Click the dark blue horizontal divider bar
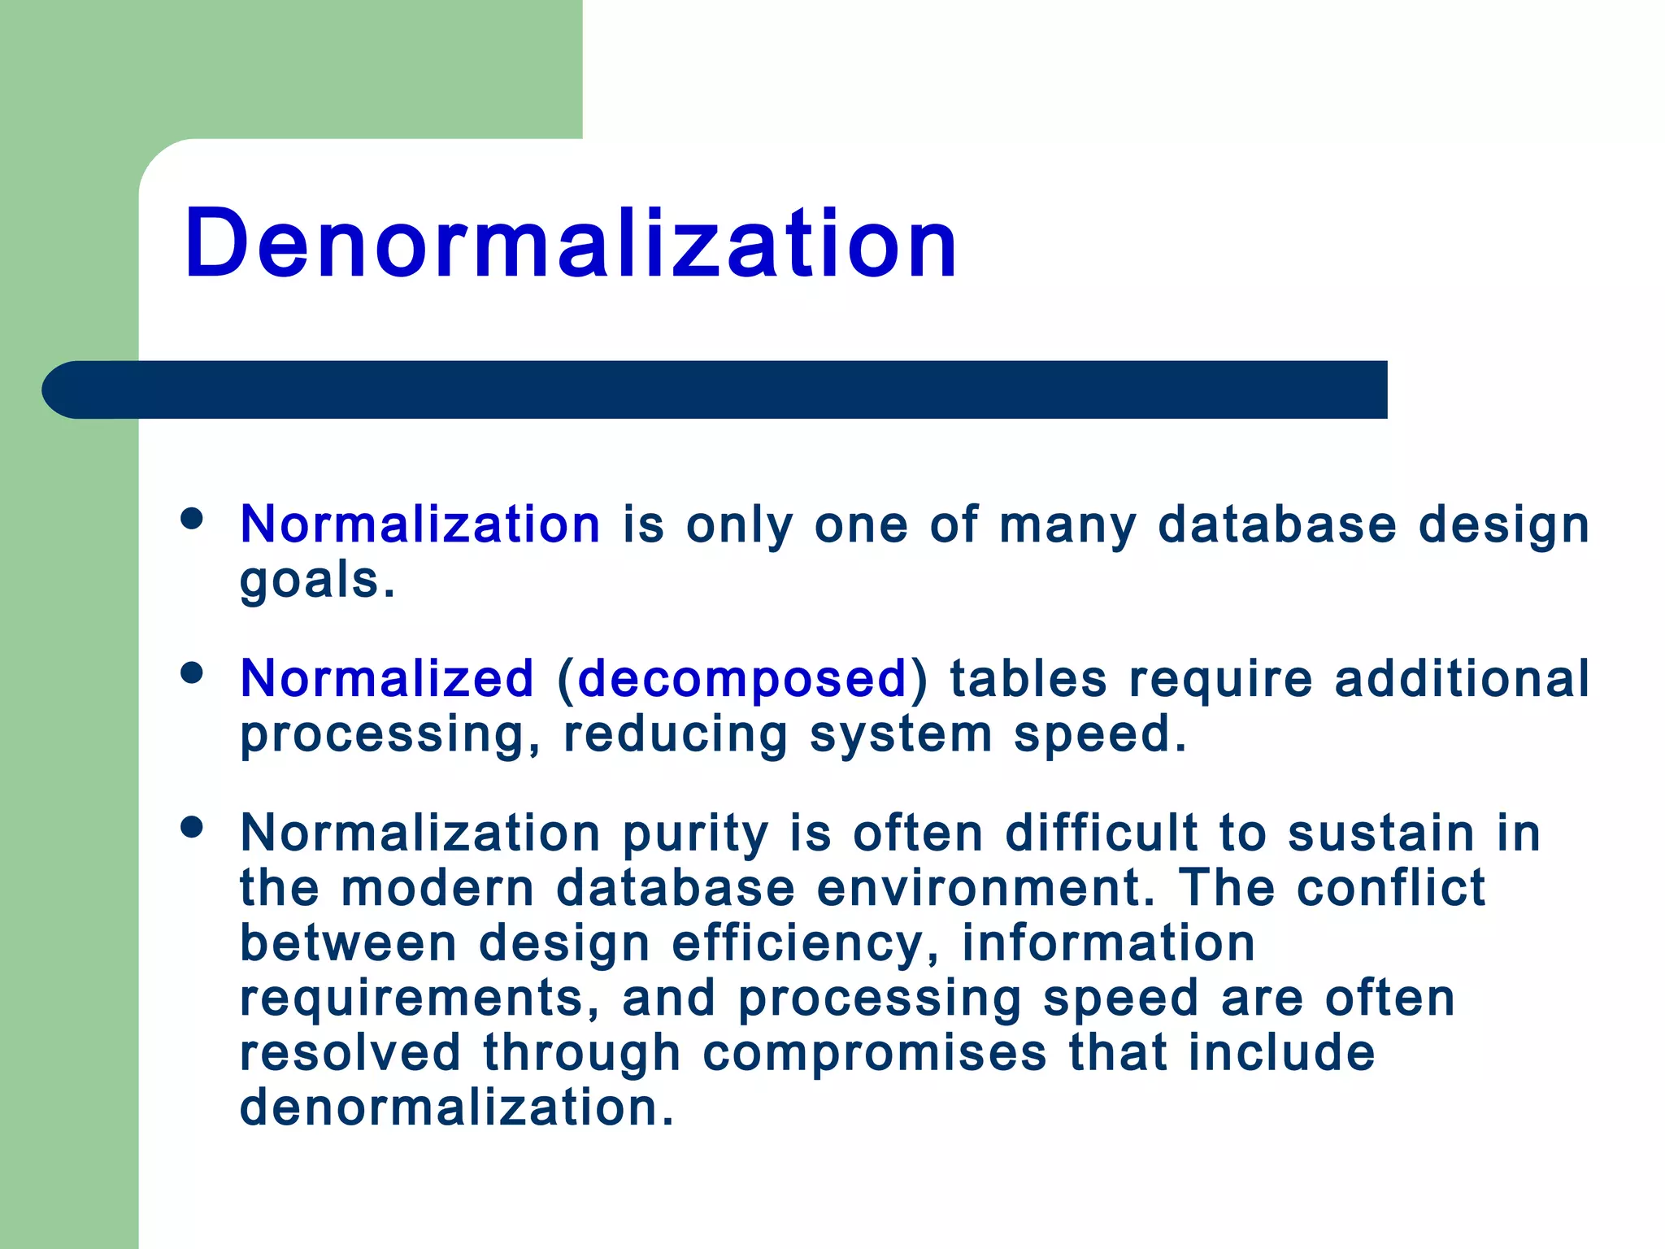[x=715, y=389]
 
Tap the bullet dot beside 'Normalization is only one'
[x=192, y=519]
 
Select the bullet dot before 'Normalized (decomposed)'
[x=192, y=672]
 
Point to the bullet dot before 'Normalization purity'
[x=192, y=827]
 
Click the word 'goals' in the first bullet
[x=311, y=581]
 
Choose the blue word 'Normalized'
[x=387, y=678]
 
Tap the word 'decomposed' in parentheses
[x=741, y=678]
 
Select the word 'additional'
[x=1462, y=678]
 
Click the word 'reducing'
[x=676, y=734]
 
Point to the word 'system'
[x=901, y=734]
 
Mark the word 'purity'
[x=696, y=834]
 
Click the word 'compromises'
[x=875, y=1053]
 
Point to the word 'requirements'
[x=419, y=999]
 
